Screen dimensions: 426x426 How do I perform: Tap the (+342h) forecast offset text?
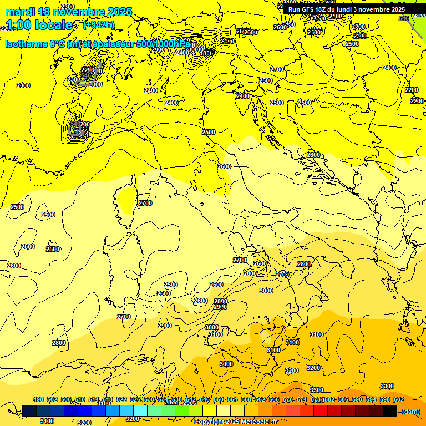click(x=99, y=24)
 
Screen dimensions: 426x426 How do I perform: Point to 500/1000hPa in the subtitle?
click(x=164, y=44)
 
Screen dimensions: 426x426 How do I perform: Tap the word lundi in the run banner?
click(x=349, y=9)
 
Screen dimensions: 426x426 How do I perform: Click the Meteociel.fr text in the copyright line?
click(x=257, y=422)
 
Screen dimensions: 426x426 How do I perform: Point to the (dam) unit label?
click(x=410, y=411)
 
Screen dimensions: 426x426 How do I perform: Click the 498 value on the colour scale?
click(x=38, y=399)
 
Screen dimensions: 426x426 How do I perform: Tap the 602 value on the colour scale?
click(x=399, y=399)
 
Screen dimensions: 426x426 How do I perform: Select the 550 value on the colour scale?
click(x=219, y=399)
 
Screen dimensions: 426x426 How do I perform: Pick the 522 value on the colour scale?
click(x=121, y=399)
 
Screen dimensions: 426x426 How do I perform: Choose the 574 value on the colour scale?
click(x=302, y=399)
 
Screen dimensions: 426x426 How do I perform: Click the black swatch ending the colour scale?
click(x=390, y=411)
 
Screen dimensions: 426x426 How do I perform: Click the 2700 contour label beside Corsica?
click(x=145, y=204)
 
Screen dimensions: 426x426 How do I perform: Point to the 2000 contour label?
click(x=158, y=49)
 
